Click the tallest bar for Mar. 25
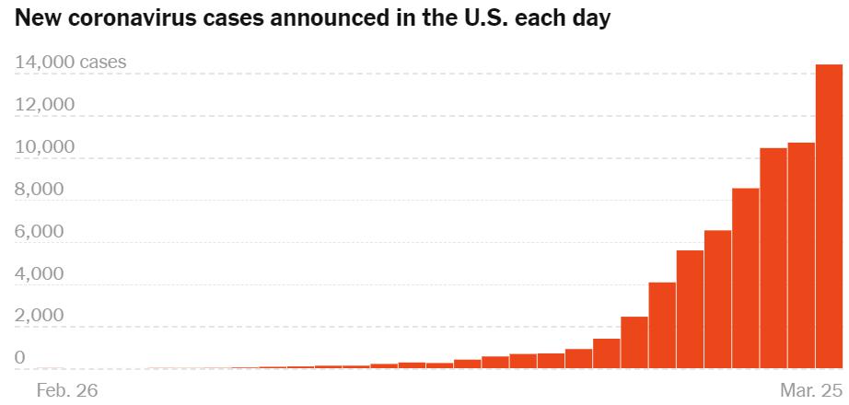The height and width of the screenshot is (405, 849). point(829,216)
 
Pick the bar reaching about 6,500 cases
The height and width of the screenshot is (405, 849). point(717,299)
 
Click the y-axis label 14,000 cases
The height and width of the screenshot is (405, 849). point(71,63)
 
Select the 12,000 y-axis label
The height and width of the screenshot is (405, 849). point(45,105)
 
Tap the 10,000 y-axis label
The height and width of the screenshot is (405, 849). point(45,147)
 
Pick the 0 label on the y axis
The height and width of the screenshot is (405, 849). point(20,358)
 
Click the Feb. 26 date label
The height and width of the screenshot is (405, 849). point(66,390)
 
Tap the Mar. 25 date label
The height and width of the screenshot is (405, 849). point(810,390)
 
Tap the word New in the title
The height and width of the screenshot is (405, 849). point(36,18)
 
